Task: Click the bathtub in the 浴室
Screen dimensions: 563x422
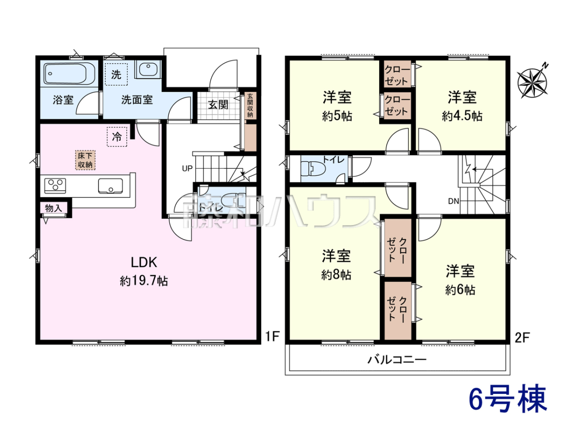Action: coord(69,74)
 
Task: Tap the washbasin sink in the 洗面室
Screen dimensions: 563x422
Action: coord(148,68)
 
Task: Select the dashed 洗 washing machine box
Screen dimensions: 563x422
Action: coord(116,74)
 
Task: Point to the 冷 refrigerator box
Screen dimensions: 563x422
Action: coord(117,137)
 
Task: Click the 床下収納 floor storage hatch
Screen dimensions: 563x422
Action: coord(85,160)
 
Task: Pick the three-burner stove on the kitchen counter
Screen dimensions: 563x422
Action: coord(55,186)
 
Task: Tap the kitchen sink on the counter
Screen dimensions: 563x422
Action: coord(111,186)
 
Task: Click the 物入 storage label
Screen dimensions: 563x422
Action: coord(53,208)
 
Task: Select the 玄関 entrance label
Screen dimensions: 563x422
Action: coord(218,105)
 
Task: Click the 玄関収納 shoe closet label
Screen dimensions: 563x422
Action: coord(250,105)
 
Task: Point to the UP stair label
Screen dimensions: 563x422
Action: coord(187,168)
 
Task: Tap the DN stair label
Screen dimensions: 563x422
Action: coord(454,202)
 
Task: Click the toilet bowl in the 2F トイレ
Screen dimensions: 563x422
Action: coord(314,169)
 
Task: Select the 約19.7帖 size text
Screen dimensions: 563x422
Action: coord(144,281)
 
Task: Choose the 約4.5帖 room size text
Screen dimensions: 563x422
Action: coord(462,116)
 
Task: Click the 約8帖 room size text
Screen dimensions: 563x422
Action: coord(336,275)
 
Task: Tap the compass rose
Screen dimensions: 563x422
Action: coord(532,83)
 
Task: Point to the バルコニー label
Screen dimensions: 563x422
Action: coord(397,360)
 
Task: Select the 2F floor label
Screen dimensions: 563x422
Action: coord(523,338)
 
